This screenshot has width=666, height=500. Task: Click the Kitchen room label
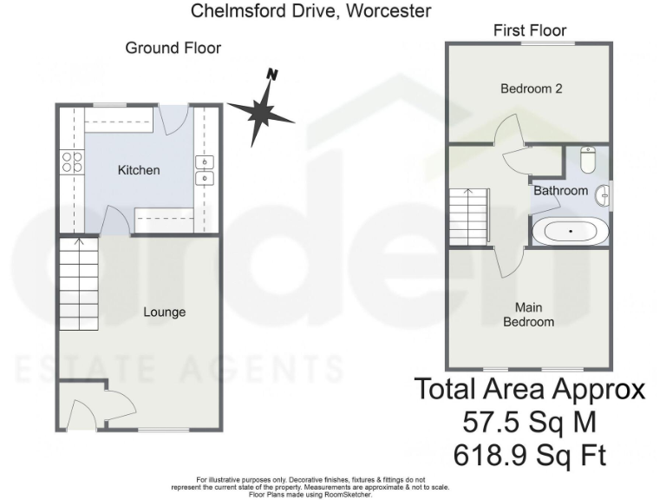pyautogui.click(x=139, y=170)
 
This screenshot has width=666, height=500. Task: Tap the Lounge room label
pyautogui.click(x=164, y=312)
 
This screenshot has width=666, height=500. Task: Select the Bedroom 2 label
pyautogui.click(x=527, y=89)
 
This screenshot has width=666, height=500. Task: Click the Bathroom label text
pyautogui.click(x=560, y=190)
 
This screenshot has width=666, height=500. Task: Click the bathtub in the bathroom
pyautogui.click(x=570, y=232)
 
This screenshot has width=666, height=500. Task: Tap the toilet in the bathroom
pyautogui.click(x=587, y=161)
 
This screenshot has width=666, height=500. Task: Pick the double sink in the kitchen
pyautogui.click(x=206, y=170)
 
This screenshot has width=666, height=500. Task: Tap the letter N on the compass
pyautogui.click(x=272, y=75)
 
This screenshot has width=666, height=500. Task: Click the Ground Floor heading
pyautogui.click(x=173, y=48)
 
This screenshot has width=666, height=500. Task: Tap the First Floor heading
pyautogui.click(x=527, y=30)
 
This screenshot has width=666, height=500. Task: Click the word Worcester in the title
pyautogui.click(x=388, y=11)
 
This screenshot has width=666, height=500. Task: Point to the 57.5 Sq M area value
pyautogui.click(x=531, y=423)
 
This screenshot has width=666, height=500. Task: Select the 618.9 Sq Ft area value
pyautogui.click(x=531, y=455)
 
